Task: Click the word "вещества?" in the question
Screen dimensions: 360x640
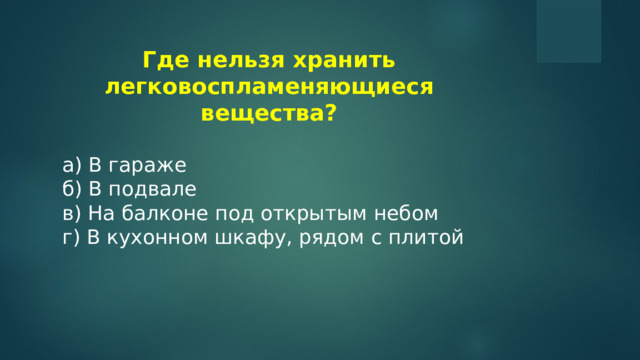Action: (x=269, y=113)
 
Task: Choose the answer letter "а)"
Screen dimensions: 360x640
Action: (x=71, y=165)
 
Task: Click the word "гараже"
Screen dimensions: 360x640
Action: (x=147, y=165)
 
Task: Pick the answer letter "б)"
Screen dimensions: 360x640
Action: (x=71, y=189)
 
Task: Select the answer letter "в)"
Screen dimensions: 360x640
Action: (x=71, y=213)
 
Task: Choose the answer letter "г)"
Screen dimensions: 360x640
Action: (x=70, y=237)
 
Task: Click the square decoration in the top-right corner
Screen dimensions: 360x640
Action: (x=568, y=30)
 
